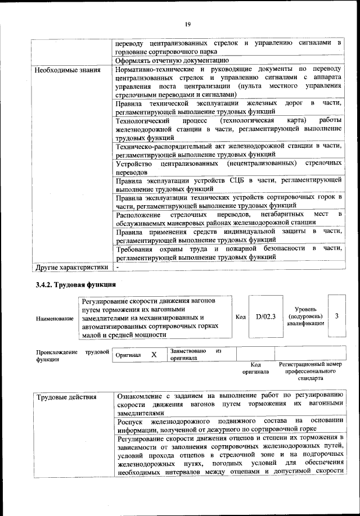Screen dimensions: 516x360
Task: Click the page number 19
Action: click(187, 23)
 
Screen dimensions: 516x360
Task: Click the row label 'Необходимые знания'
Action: click(67, 71)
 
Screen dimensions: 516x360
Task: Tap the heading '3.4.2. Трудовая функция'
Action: click(76, 284)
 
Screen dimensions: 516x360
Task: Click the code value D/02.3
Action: click(265, 316)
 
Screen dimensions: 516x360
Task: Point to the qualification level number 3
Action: click(336, 316)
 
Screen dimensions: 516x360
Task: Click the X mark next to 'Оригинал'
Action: click(154, 355)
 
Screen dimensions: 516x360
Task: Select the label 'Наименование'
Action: click(55, 318)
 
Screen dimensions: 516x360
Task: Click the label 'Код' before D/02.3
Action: click(240, 316)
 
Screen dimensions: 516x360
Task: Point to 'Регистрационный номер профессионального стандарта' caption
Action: click(310, 372)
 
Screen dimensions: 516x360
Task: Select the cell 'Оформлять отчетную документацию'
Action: click(172, 60)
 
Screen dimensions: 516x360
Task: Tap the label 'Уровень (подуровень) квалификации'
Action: click(305, 316)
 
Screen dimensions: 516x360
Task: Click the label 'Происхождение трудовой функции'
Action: click(70, 355)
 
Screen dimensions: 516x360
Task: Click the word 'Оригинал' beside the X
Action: click(128, 355)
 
